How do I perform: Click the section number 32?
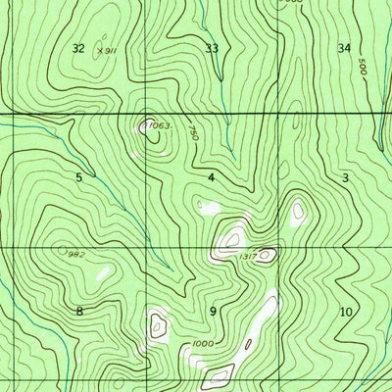78,48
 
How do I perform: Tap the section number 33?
212,48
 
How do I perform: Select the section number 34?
343,48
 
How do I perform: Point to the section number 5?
78,177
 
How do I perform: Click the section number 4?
211,177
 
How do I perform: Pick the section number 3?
345,177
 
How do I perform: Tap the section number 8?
78,311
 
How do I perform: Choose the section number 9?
212,311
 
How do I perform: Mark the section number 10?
345,312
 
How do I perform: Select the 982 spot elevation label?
75,254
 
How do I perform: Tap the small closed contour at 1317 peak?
266,255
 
